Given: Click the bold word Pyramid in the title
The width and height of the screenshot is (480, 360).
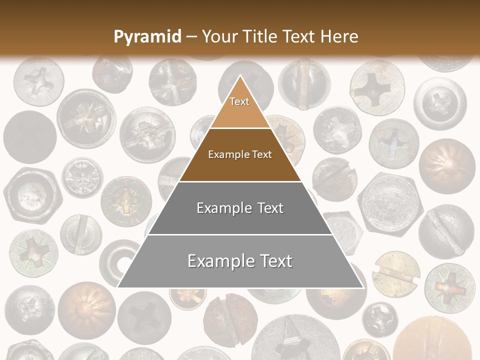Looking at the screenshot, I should click(147, 37).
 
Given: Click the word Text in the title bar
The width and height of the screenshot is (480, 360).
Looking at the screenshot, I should click(300, 37).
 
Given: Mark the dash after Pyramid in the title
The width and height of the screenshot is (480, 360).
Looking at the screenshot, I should click(191, 37).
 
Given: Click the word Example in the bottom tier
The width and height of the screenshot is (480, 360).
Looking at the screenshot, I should click(218, 261).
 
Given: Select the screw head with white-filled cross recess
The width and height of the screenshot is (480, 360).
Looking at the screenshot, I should click(337, 129).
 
